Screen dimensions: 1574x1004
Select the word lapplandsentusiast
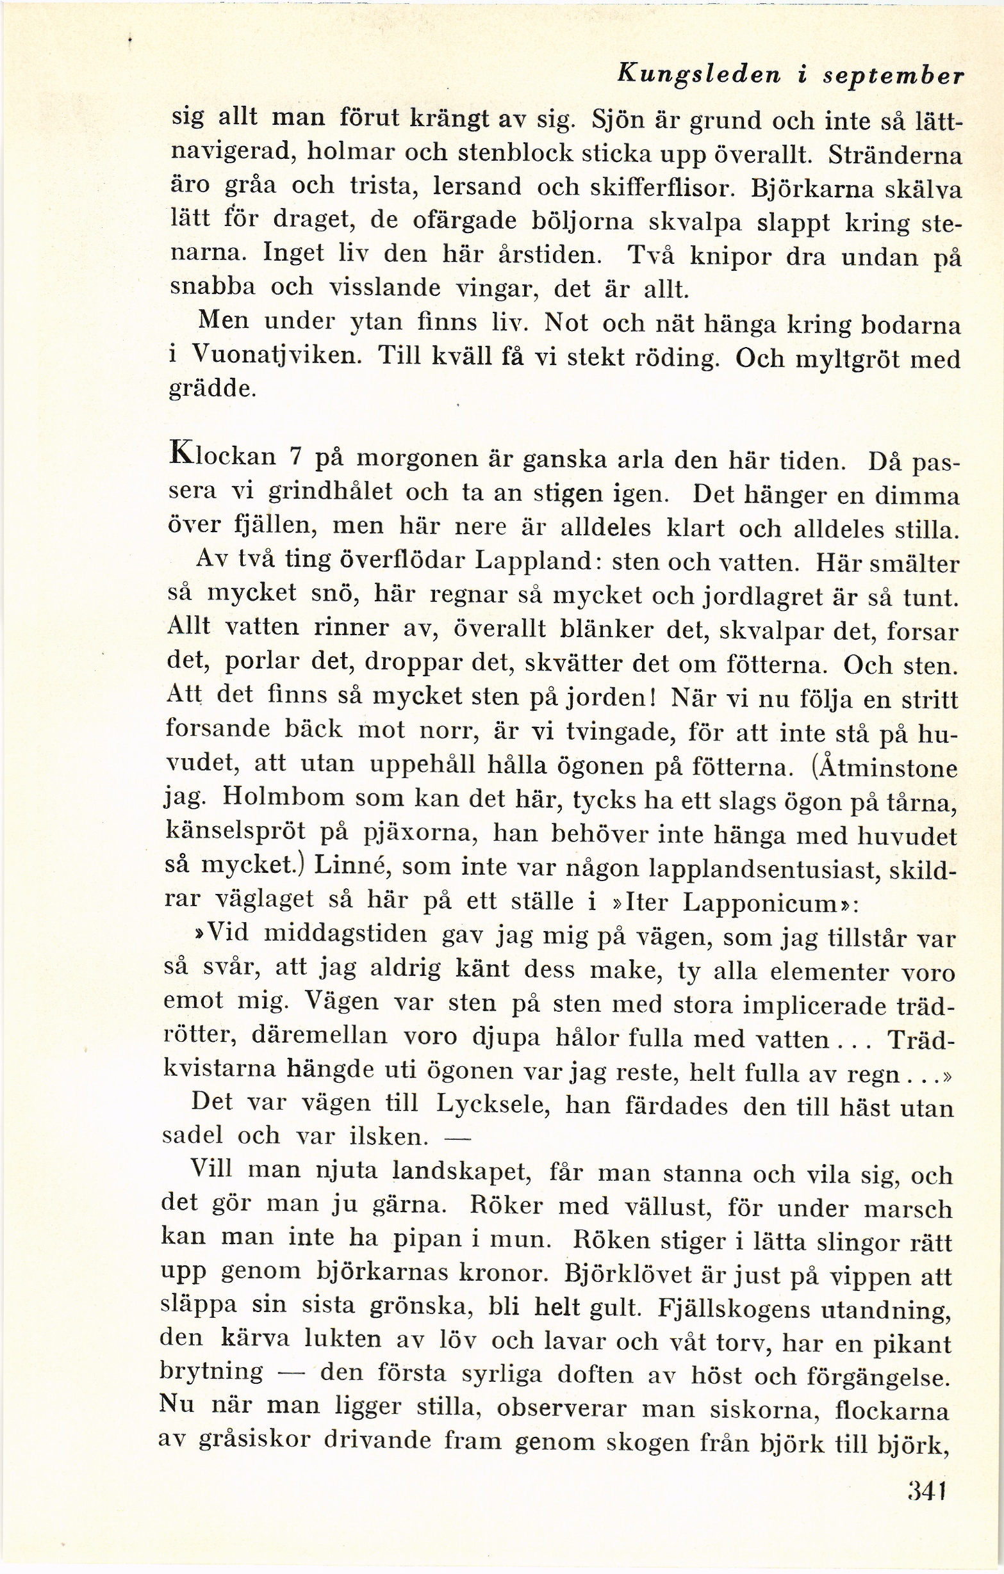click(746, 869)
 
